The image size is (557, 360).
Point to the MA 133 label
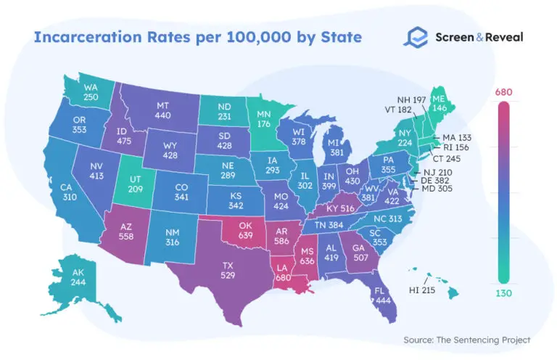click(x=458, y=138)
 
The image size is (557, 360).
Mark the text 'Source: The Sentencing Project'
click(x=466, y=339)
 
